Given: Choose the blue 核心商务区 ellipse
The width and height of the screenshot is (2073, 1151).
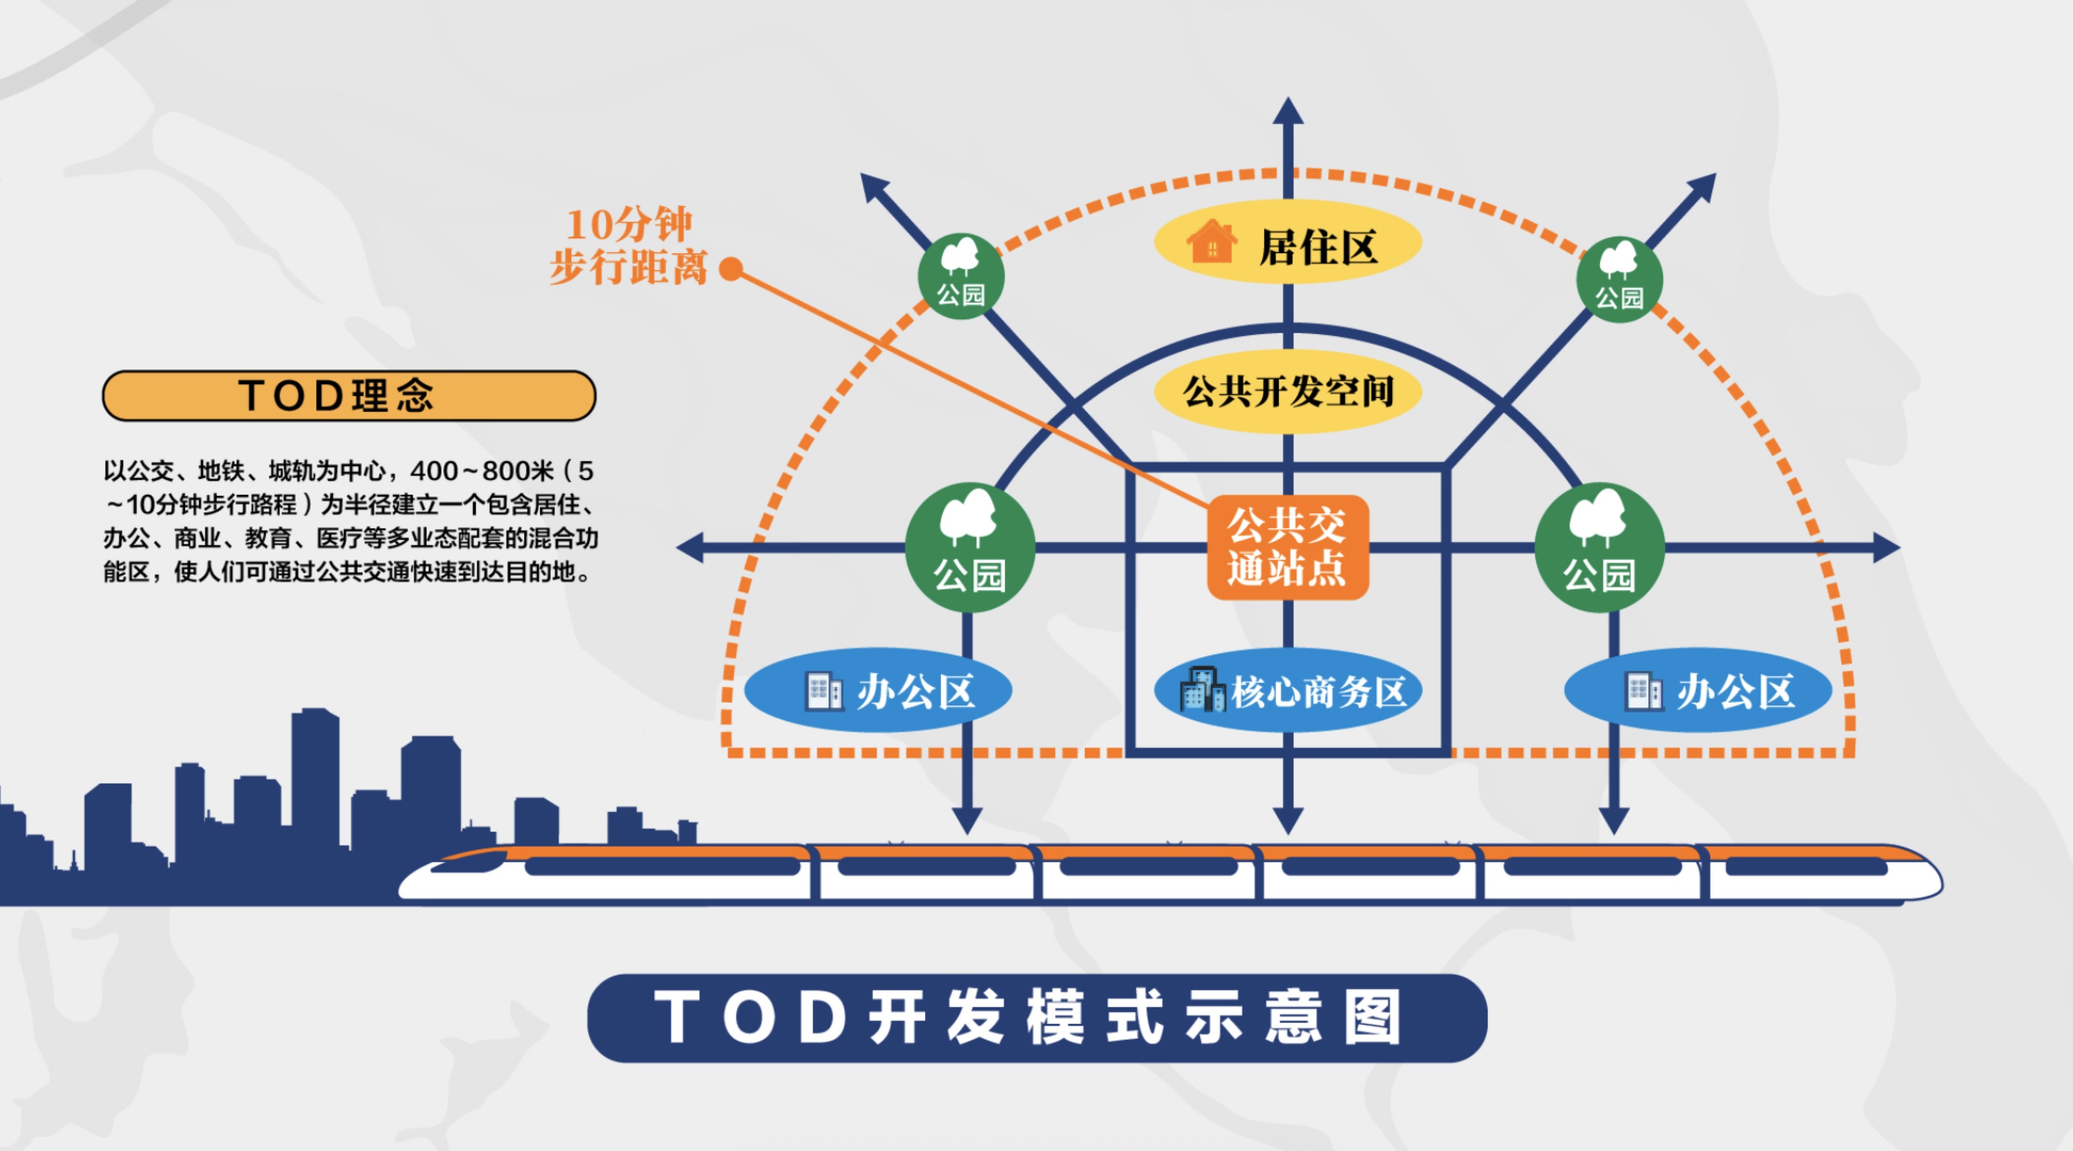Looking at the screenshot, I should point(1288,691).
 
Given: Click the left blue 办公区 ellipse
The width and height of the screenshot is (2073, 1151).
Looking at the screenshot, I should point(878,691).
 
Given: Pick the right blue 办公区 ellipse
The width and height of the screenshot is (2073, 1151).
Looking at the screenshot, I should point(1698,691).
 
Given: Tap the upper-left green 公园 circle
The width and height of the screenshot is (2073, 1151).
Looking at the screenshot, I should point(961,276).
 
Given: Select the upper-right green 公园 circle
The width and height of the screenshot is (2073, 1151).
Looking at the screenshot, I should point(1619,279).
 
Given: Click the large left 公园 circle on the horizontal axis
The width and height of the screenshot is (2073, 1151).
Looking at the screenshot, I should point(970,547).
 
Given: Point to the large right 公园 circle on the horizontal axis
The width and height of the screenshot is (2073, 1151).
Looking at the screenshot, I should point(1599,547).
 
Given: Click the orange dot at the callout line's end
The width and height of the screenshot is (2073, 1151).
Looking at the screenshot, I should point(731,269).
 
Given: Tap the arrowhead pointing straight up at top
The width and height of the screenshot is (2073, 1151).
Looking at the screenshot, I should point(1288,111).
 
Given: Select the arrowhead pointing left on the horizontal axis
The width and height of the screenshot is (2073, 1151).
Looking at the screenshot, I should point(691,547).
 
